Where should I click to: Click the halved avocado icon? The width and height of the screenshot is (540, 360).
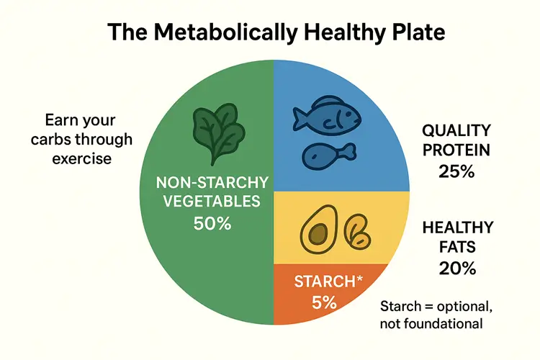pos(316,231)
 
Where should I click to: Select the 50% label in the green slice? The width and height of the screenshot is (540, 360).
pos(212,224)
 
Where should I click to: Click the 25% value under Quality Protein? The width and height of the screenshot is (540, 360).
pos(456,172)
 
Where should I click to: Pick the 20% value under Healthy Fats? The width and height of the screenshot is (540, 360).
pos(456,269)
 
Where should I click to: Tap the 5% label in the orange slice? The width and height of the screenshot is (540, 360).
pos(325,302)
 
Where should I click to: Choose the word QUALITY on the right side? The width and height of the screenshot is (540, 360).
pos(456,131)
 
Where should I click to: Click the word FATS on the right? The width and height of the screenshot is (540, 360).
pos(456,248)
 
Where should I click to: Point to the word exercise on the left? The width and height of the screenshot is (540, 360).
pos(81,158)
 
